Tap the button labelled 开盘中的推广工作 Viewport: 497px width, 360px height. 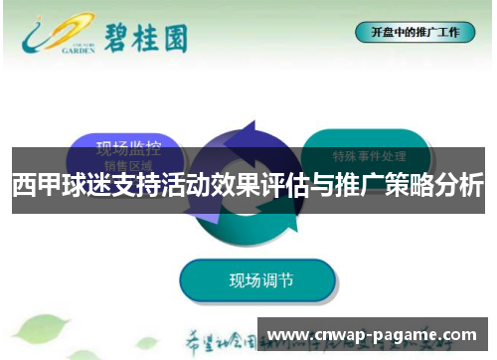click(x=414, y=32)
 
